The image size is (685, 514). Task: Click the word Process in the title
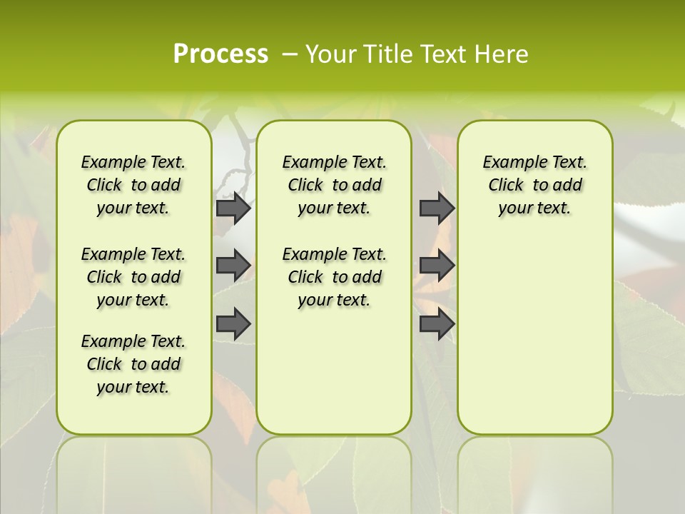click(220, 54)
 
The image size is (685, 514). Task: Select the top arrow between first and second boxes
click(233, 208)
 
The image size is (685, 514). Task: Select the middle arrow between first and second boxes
click(233, 266)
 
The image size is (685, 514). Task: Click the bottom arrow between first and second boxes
click(233, 323)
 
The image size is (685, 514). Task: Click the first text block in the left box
click(133, 185)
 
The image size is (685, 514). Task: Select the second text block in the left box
click(133, 277)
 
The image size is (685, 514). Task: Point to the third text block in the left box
click(133, 364)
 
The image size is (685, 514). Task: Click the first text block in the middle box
click(334, 185)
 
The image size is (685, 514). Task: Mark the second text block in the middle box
click(334, 277)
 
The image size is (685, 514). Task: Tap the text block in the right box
click(534, 185)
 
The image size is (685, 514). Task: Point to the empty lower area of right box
click(534, 336)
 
